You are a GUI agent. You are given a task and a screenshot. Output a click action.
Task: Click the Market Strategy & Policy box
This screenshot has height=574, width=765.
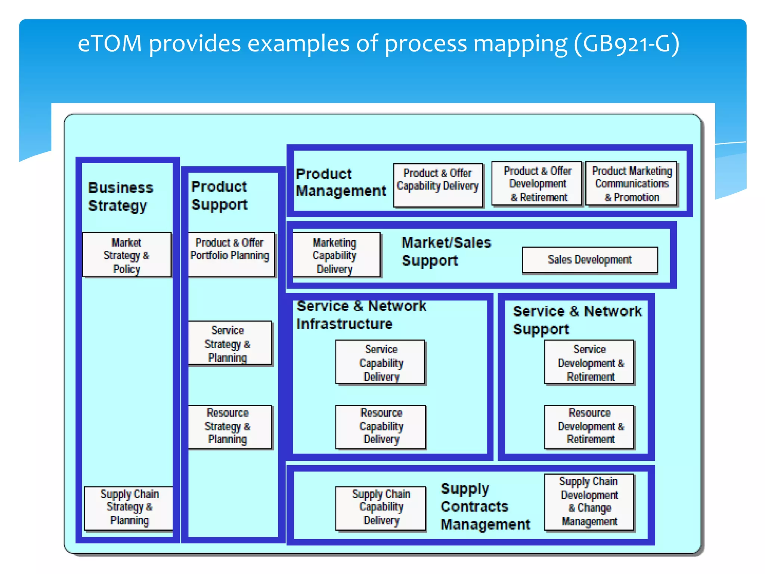pyautogui.click(x=127, y=255)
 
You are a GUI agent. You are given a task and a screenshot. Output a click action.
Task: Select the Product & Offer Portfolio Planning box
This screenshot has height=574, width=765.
pyautogui.click(x=231, y=254)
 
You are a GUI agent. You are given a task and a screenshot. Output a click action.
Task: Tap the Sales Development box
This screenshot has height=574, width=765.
pyautogui.click(x=589, y=260)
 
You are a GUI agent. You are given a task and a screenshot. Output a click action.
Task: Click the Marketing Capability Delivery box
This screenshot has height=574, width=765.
pyautogui.click(x=335, y=255)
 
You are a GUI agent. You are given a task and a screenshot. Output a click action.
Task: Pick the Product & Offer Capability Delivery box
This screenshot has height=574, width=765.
pyautogui.click(x=438, y=185)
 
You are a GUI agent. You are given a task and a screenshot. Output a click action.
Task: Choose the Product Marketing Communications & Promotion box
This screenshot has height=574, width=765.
pyautogui.click(x=631, y=183)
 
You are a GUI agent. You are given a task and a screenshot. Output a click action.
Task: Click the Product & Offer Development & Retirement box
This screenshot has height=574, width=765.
pyautogui.click(x=537, y=183)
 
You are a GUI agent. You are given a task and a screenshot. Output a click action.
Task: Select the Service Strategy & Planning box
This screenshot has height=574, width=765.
pyautogui.click(x=229, y=343)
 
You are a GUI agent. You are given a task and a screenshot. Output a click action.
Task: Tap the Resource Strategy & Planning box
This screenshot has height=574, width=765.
pyautogui.click(x=229, y=427)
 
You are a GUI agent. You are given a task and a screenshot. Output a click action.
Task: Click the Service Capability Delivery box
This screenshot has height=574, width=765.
pyautogui.click(x=380, y=362)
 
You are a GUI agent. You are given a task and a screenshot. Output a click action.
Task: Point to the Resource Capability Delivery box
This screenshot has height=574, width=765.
pyautogui.click(x=380, y=427)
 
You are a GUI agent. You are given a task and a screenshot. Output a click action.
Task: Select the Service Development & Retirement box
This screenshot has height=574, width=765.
pyautogui.click(x=589, y=362)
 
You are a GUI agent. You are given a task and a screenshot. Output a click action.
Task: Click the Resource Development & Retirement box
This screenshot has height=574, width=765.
pyautogui.click(x=589, y=427)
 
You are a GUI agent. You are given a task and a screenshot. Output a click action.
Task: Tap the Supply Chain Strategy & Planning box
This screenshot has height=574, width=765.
pyautogui.click(x=129, y=508)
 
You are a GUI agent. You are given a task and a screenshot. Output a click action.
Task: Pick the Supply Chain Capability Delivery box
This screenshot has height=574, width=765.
pyautogui.click(x=380, y=508)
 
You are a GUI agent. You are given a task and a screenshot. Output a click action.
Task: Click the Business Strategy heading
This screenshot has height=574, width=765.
pyautogui.click(x=121, y=197)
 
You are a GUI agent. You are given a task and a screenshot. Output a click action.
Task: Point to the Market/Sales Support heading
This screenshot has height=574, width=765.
pyautogui.click(x=446, y=251)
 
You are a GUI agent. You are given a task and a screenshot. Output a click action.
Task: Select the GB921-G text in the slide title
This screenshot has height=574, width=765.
pyautogui.click(x=626, y=44)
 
